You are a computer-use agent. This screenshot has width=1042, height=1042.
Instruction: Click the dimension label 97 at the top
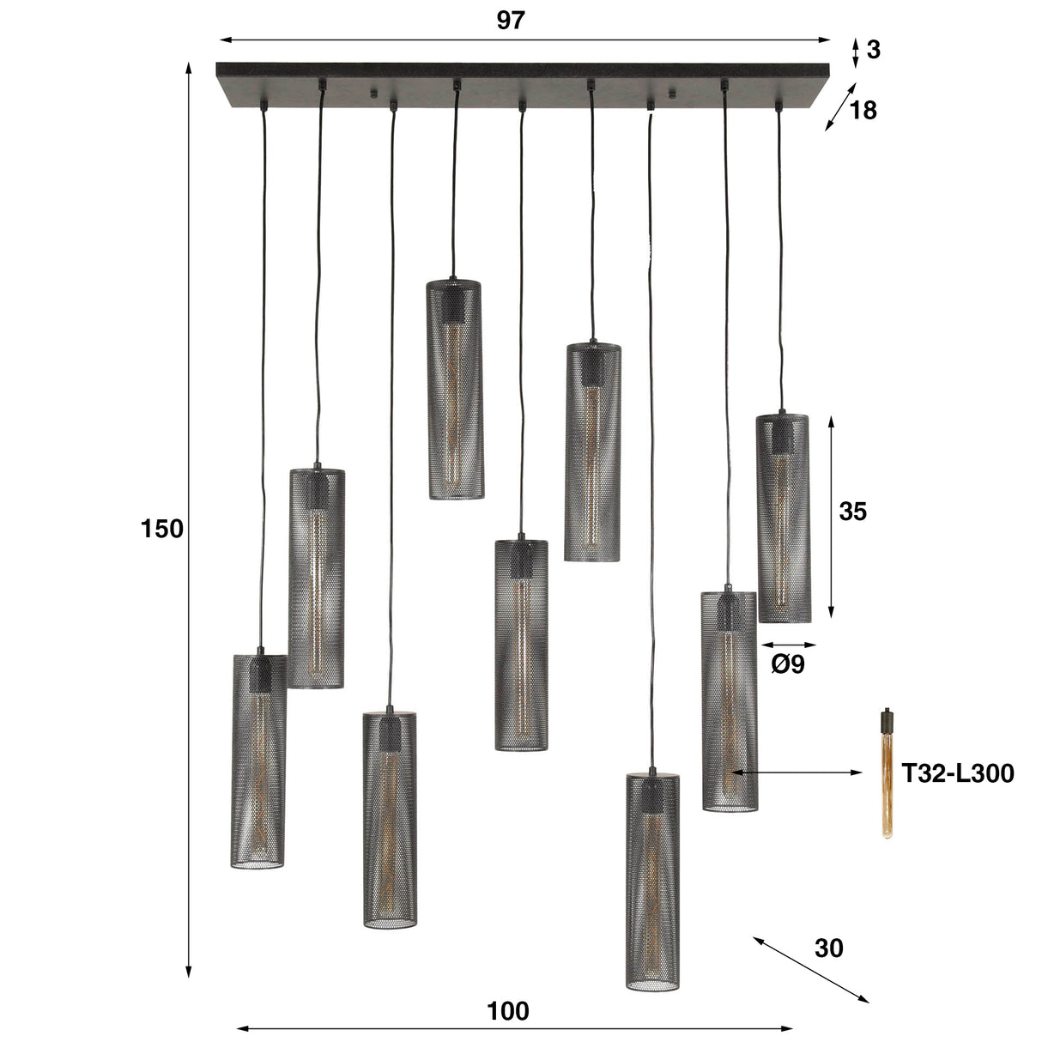click(510, 21)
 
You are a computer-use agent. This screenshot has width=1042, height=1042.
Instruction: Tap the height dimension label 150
click(162, 529)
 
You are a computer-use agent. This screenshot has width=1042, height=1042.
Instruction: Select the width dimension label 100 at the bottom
click(508, 1012)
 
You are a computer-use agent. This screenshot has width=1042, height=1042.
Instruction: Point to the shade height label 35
click(852, 512)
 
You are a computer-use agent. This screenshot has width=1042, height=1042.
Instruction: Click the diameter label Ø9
click(788, 664)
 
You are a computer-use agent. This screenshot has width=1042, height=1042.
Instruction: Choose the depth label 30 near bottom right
click(828, 948)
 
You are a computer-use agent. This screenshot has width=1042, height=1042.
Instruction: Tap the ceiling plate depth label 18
click(863, 110)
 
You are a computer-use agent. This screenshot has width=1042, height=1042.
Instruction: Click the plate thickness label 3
click(873, 51)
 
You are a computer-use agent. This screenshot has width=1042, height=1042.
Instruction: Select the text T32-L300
click(958, 773)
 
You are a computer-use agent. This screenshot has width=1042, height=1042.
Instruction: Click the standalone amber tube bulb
click(886, 772)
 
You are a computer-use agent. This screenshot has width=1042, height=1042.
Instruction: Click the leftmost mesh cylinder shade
click(258, 761)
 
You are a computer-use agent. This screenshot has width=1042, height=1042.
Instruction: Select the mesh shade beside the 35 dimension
click(783, 518)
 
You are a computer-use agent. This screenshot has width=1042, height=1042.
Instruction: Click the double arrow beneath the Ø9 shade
click(788, 645)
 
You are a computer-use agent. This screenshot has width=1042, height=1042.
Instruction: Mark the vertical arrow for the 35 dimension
click(830, 518)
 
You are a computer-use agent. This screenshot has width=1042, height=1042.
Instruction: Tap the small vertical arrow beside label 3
click(854, 51)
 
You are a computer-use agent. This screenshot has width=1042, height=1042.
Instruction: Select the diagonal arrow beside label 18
click(840, 107)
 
